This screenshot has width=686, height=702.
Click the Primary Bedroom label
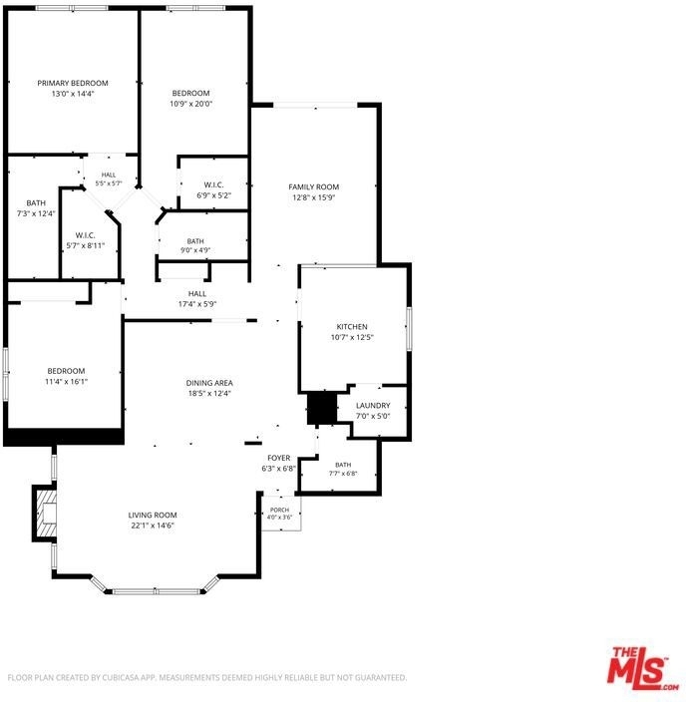coord(73,84)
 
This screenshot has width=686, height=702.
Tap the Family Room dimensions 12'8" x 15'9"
coord(313,197)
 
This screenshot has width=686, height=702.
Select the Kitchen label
coord(352,327)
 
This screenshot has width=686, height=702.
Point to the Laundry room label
coord(373,406)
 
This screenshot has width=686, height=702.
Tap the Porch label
coord(280,510)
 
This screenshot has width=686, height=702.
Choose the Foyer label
coord(279,458)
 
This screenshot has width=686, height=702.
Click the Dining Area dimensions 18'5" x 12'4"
coord(209,394)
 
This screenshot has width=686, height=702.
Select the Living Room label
coord(153,516)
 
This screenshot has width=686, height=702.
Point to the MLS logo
coord(643,669)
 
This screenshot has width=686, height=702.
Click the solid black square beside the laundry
coord(322,408)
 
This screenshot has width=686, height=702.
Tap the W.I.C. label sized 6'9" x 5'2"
coord(214,184)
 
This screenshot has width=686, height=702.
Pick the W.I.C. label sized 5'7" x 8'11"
coord(85,235)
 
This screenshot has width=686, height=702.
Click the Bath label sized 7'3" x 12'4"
coord(36,203)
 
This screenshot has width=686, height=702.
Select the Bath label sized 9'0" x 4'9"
coord(195,241)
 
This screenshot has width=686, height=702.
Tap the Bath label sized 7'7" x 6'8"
coord(343,465)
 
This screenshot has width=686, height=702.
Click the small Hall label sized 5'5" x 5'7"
coord(109,175)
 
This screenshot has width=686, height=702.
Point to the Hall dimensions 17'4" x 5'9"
coord(197,304)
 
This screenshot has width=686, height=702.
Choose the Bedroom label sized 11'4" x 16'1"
coord(66,371)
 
